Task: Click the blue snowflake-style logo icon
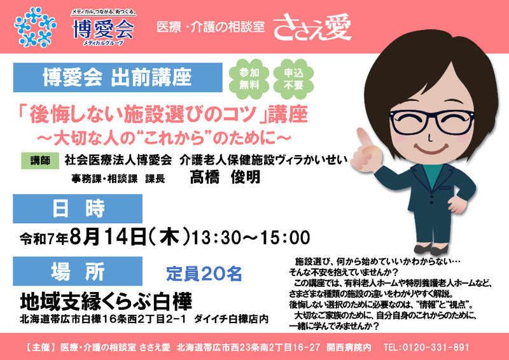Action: (35, 27)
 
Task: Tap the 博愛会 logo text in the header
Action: (103, 29)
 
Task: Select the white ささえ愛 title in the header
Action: (312, 27)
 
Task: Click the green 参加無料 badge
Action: (249, 79)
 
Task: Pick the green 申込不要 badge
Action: (293, 79)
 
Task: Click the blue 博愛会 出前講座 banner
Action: (118, 78)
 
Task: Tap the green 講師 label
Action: (40, 160)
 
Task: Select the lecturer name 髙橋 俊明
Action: (225, 177)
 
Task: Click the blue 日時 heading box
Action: (78, 209)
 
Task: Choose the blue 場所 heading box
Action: (78, 272)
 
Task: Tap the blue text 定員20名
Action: (204, 273)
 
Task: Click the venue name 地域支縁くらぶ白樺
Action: (106, 301)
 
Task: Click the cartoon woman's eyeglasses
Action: (432, 122)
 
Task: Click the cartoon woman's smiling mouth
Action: (431, 150)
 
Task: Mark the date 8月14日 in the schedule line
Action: (108, 237)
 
